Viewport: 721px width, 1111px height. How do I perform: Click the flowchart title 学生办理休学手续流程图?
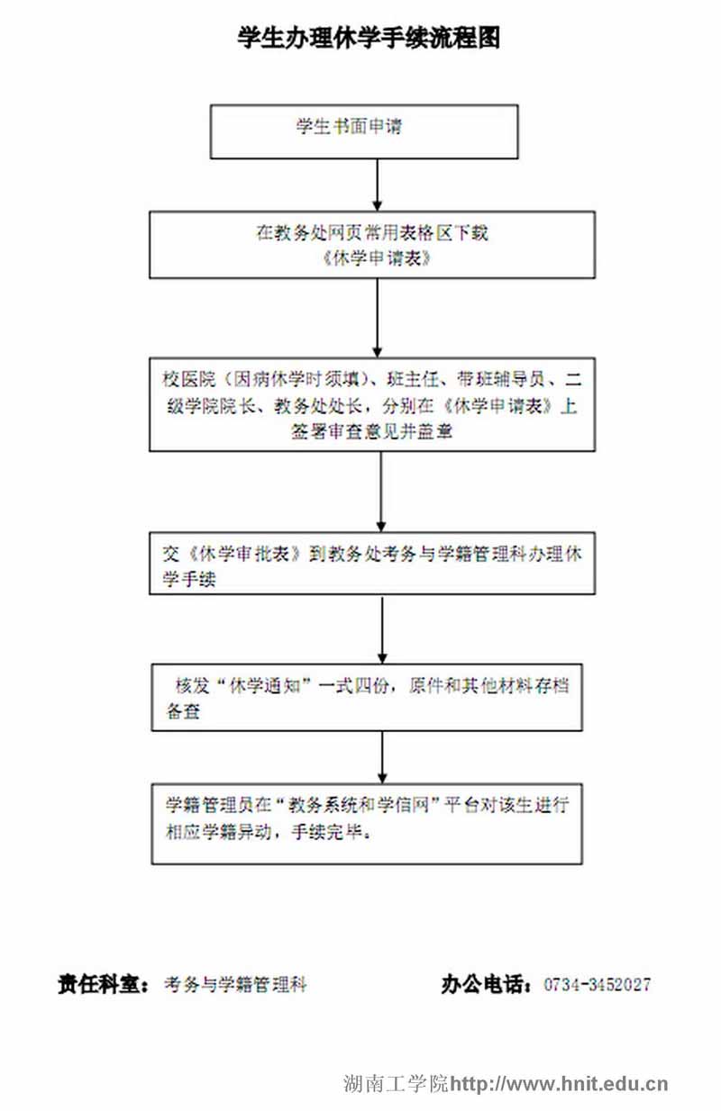click(368, 39)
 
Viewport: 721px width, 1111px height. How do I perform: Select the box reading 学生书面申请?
click(364, 131)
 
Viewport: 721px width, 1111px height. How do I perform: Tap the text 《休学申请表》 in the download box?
click(372, 257)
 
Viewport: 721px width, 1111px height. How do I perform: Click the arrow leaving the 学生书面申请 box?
click(377, 185)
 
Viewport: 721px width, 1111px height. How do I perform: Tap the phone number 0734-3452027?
click(597, 985)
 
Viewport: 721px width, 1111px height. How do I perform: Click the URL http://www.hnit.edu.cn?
click(559, 1083)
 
